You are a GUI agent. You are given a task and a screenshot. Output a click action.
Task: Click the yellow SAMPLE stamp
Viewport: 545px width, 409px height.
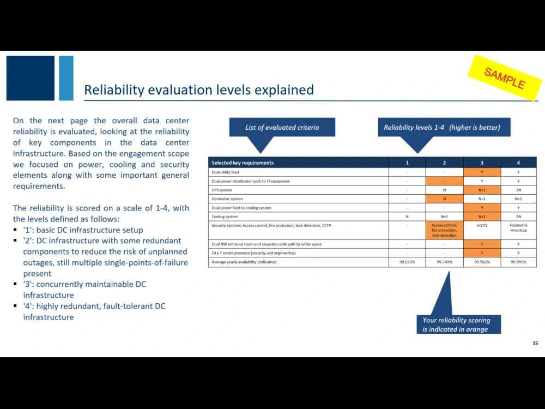click(x=504, y=79)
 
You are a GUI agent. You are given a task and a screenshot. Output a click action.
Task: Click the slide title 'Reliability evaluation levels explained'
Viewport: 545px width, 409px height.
click(x=198, y=89)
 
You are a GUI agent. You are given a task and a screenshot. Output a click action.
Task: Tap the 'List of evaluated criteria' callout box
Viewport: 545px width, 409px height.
click(x=282, y=128)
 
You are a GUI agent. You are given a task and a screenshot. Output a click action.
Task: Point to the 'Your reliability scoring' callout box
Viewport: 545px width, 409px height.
click(x=456, y=324)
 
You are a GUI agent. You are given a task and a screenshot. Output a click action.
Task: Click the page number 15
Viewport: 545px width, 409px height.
click(x=535, y=343)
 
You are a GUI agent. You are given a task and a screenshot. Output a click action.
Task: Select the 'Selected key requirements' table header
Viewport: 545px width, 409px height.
click(x=243, y=163)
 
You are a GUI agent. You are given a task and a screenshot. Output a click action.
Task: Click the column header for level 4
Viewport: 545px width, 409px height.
click(x=518, y=163)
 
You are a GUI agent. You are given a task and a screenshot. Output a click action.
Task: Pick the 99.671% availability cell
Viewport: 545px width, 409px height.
click(x=407, y=262)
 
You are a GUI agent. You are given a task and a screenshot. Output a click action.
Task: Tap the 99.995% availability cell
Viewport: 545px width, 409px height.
click(x=518, y=262)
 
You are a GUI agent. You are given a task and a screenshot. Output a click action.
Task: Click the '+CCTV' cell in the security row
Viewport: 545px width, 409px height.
click(x=482, y=225)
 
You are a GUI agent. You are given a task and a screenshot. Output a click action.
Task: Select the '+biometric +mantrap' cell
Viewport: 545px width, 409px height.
click(x=518, y=227)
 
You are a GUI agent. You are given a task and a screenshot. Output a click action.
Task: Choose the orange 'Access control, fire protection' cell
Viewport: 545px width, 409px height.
click(x=444, y=230)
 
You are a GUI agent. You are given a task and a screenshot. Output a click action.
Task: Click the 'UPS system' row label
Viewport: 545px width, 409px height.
click(x=222, y=190)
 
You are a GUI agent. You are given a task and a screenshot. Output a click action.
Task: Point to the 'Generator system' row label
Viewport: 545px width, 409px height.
click(x=227, y=199)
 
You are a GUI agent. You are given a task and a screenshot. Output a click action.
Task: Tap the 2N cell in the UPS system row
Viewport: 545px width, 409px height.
click(x=518, y=190)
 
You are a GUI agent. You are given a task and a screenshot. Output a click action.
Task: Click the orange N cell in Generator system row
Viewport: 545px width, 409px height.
click(x=444, y=199)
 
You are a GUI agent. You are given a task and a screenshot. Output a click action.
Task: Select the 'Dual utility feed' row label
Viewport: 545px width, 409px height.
click(x=225, y=172)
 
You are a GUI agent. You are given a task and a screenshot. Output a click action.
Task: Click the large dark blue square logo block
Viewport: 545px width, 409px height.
click(x=31, y=78)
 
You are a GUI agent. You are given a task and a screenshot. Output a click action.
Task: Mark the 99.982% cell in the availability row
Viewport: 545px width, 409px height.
click(x=482, y=262)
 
